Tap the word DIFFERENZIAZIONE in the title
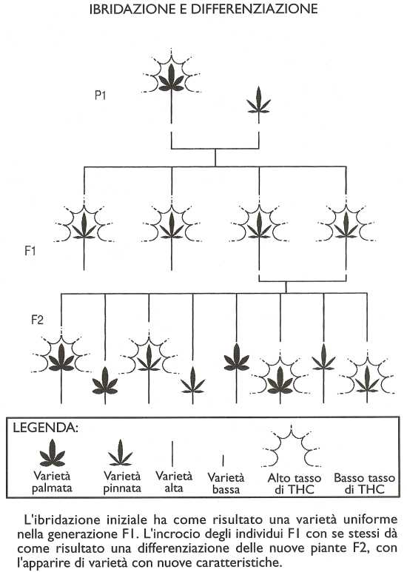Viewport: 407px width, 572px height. coord(255,9)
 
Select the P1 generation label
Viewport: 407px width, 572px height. coord(101,95)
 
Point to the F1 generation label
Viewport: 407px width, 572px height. coord(30,251)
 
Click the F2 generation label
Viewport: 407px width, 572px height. coord(37,320)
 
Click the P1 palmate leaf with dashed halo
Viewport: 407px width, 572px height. coord(172,78)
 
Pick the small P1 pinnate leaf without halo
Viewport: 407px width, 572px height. coord(258,101)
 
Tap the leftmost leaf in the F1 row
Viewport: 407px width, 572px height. coord(84,226)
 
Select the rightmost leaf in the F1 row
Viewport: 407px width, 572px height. coord(346,226)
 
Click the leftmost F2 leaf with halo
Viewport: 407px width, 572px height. coord(61,357)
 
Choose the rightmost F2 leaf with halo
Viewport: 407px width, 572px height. coord(367,380)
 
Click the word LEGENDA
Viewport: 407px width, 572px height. coord(45,428)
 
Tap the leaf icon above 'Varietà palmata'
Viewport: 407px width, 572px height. coord(52,453)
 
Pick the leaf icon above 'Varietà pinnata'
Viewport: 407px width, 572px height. coord(121,453)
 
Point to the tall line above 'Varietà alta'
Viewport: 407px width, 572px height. coord(172,454)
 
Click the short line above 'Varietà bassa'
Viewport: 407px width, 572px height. coord(223,460)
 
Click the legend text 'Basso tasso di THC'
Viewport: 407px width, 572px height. coord(364,483)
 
